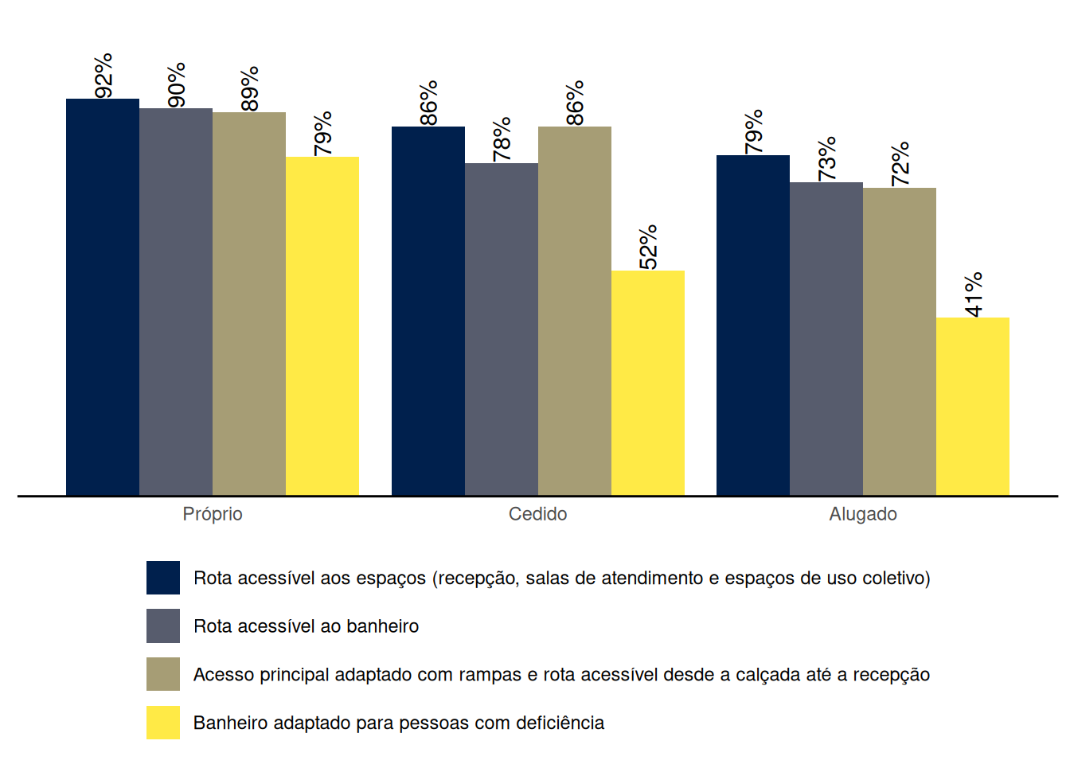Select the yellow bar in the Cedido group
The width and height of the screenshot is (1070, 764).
pos(648,383)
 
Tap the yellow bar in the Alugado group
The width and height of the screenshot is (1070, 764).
pos(973,407)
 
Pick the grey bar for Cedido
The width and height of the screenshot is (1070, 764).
pos(502,329)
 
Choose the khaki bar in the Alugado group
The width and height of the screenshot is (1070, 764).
pos(900,341)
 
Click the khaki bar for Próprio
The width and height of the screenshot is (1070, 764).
pos(249,304)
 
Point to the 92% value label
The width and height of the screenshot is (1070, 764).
pos(103,76)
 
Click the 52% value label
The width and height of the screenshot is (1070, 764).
pos(648,248)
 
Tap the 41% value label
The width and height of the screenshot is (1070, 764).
pos(974,294)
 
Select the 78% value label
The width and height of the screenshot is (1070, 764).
pos(502,140)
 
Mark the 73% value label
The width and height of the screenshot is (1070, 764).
pos(827,159)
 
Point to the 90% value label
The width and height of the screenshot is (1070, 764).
pos(177,85)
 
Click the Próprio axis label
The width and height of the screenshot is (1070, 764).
pos(213,514)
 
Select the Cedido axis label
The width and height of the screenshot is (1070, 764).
pos(538,514)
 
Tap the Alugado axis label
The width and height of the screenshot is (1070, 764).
pos(863,514)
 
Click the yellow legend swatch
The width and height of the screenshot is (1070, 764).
pos(163,723)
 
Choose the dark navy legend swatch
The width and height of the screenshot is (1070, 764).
pos(163,578)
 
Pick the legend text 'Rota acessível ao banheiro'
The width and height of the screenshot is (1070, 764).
pos(307,626)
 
